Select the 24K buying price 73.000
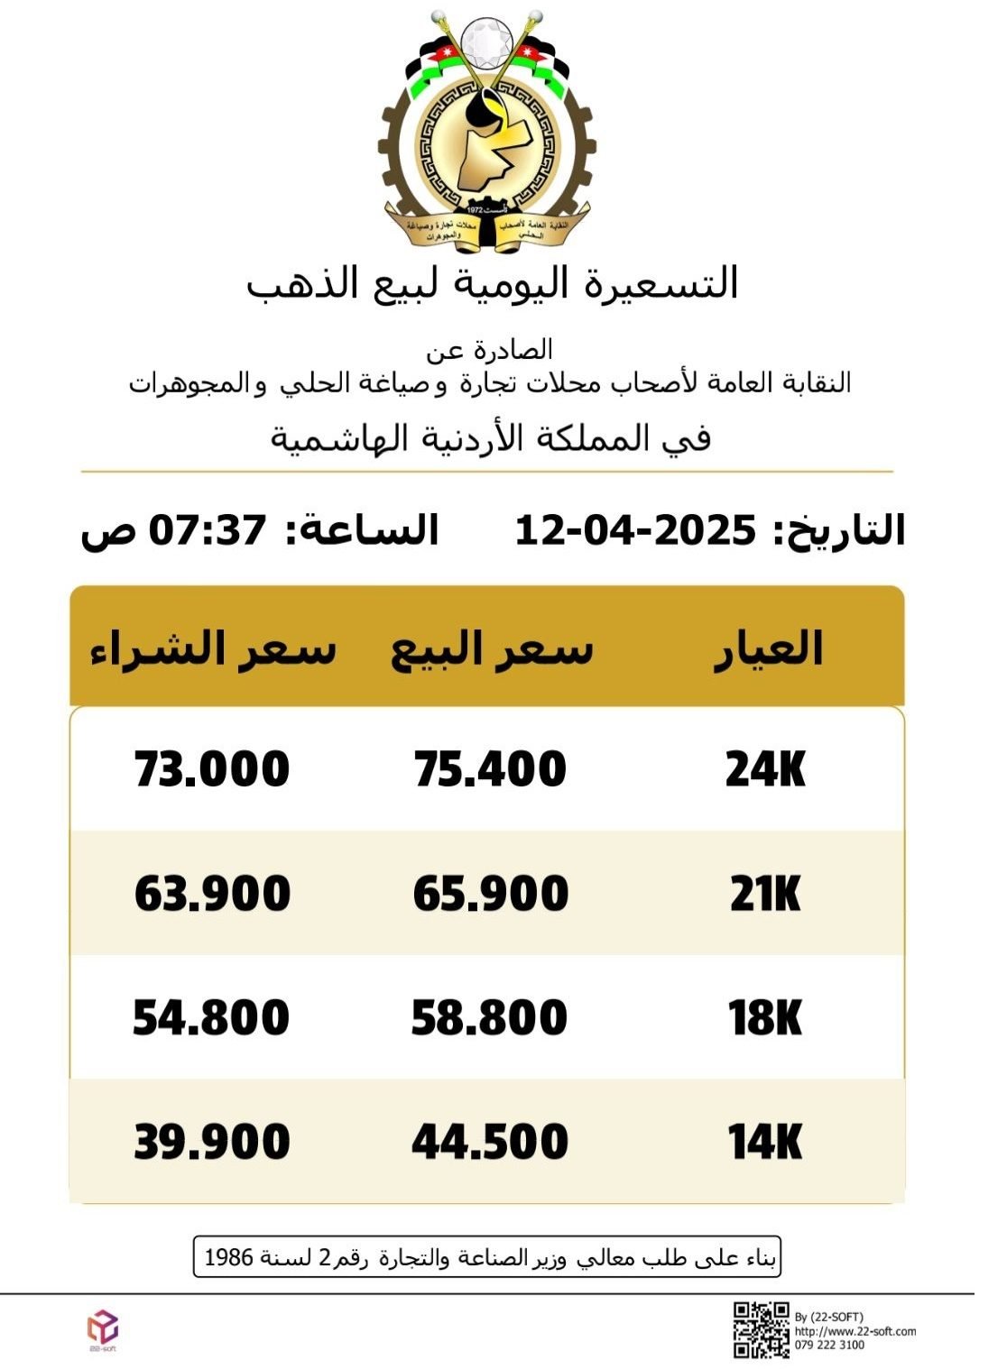pyautogui.click(x=212, y=770)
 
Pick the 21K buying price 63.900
pyautogui.click(x=212, y=895)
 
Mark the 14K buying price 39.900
pyautogui.click(x=212, y=1143)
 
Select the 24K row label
pyautogui.click(x=765, y=770)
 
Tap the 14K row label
pyautogui.click(x=765, y=1143)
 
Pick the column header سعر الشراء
pyautogui.click(x=213, y=649)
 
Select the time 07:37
pyautogui.click(x=208, y=530)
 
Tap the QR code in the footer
pyautogui.click(x=761, y=1330)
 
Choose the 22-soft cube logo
pyautogui.click(x=102, y=1327)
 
